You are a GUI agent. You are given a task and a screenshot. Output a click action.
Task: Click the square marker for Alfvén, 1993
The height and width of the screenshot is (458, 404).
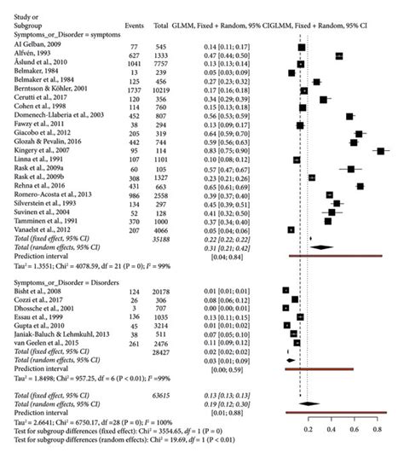339,55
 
